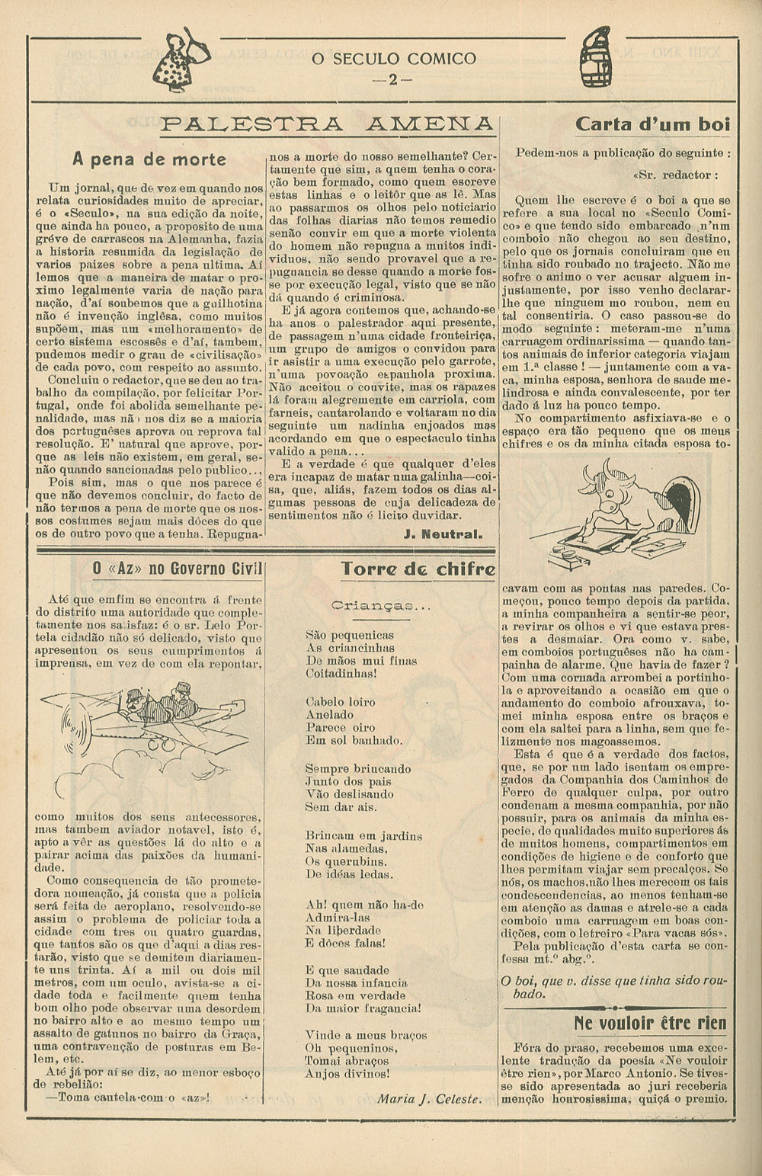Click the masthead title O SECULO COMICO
tap(393, 59)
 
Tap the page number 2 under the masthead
tap(393, 79)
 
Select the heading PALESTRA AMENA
tap(328, 124)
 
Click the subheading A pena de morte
tap(149, 159)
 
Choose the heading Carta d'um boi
tap(652, 123)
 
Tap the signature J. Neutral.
tap(443, 534)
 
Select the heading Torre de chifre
tap(418, 569)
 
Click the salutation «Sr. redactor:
tap(675, 175)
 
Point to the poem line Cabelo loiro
tap(341, 702)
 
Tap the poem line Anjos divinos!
tap(347, 1073)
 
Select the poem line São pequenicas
tap(350, 635)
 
